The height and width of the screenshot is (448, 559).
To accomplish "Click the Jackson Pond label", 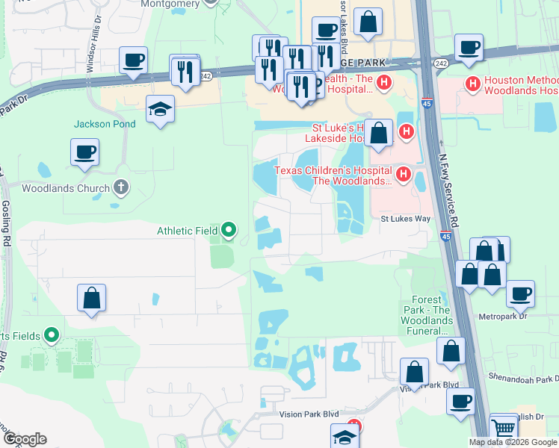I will click(x=105, y=124).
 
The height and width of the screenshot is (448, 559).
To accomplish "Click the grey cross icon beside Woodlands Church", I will click(x=122, y=187).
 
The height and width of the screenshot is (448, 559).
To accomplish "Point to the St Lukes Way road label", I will click(x=406, y=219).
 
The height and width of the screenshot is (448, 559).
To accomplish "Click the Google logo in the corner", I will click(x=25, y=439).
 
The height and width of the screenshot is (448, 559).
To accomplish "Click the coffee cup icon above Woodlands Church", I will click(x=84, y=152).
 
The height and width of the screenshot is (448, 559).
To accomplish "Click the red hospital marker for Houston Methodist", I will click(x=472, y=83).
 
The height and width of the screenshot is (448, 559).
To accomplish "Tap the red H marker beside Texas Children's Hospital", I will click(x=404, y=175).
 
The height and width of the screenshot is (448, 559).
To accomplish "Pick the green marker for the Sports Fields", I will click(x=52, y=335).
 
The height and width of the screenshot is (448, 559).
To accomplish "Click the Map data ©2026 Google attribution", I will click(x=513, y=442).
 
